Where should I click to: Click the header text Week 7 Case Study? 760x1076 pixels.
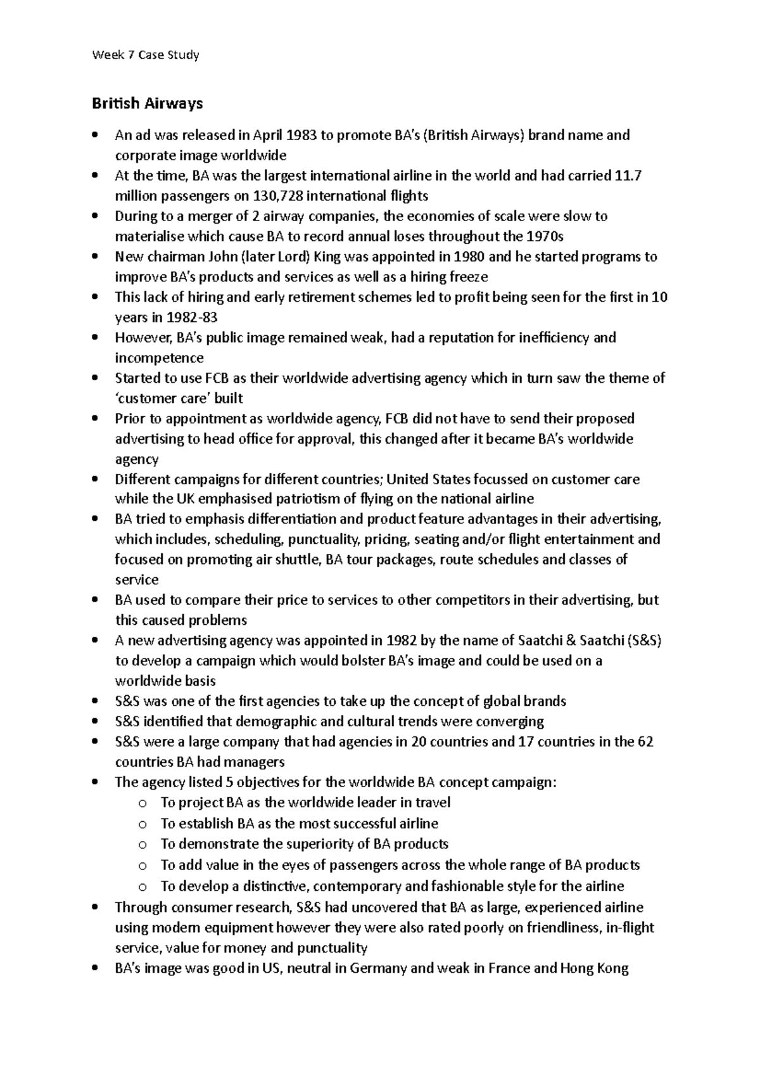pos(145,55)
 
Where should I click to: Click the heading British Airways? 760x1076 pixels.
pos(147,103)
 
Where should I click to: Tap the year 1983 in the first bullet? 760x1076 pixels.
pos(302,135)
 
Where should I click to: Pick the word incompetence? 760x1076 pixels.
pos(159,358)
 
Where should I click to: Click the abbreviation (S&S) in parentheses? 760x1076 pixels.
pos(645,641)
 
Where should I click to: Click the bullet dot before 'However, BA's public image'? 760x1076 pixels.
pos(95,338)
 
